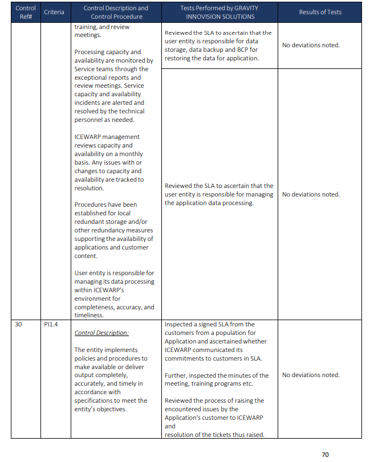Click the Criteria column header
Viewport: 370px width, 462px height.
coord(54,12)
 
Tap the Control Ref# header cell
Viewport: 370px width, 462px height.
coord(26,12)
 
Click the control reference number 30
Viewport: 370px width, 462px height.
coord(19,325)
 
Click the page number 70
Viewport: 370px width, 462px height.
coord(325,454)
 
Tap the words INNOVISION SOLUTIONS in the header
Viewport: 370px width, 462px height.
coord(220,17)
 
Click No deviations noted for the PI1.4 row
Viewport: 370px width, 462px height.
coord(311,375)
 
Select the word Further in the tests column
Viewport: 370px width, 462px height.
coord(177,375)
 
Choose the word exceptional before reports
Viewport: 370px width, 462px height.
coord(92,77)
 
